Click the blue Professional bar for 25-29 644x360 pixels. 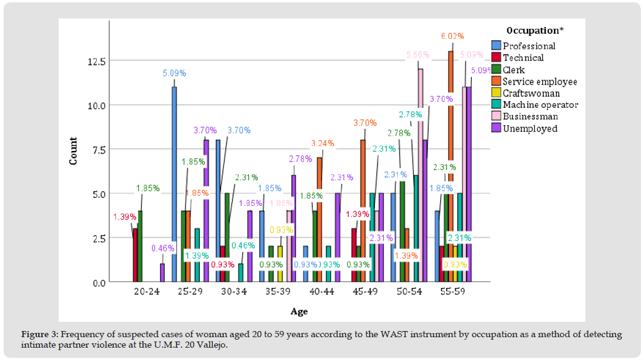174,185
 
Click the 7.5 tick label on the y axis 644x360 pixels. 99,150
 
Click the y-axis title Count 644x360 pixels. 73,150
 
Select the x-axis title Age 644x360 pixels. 299,312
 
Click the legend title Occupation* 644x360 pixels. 534,30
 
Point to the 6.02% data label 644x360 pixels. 452,36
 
